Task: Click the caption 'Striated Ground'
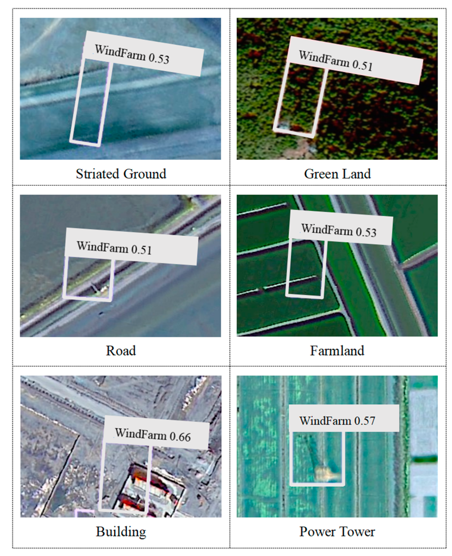121,174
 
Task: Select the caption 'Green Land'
337,174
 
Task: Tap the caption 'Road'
121,350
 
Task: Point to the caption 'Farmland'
337,350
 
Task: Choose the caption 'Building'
121,531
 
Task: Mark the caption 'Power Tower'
337,531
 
